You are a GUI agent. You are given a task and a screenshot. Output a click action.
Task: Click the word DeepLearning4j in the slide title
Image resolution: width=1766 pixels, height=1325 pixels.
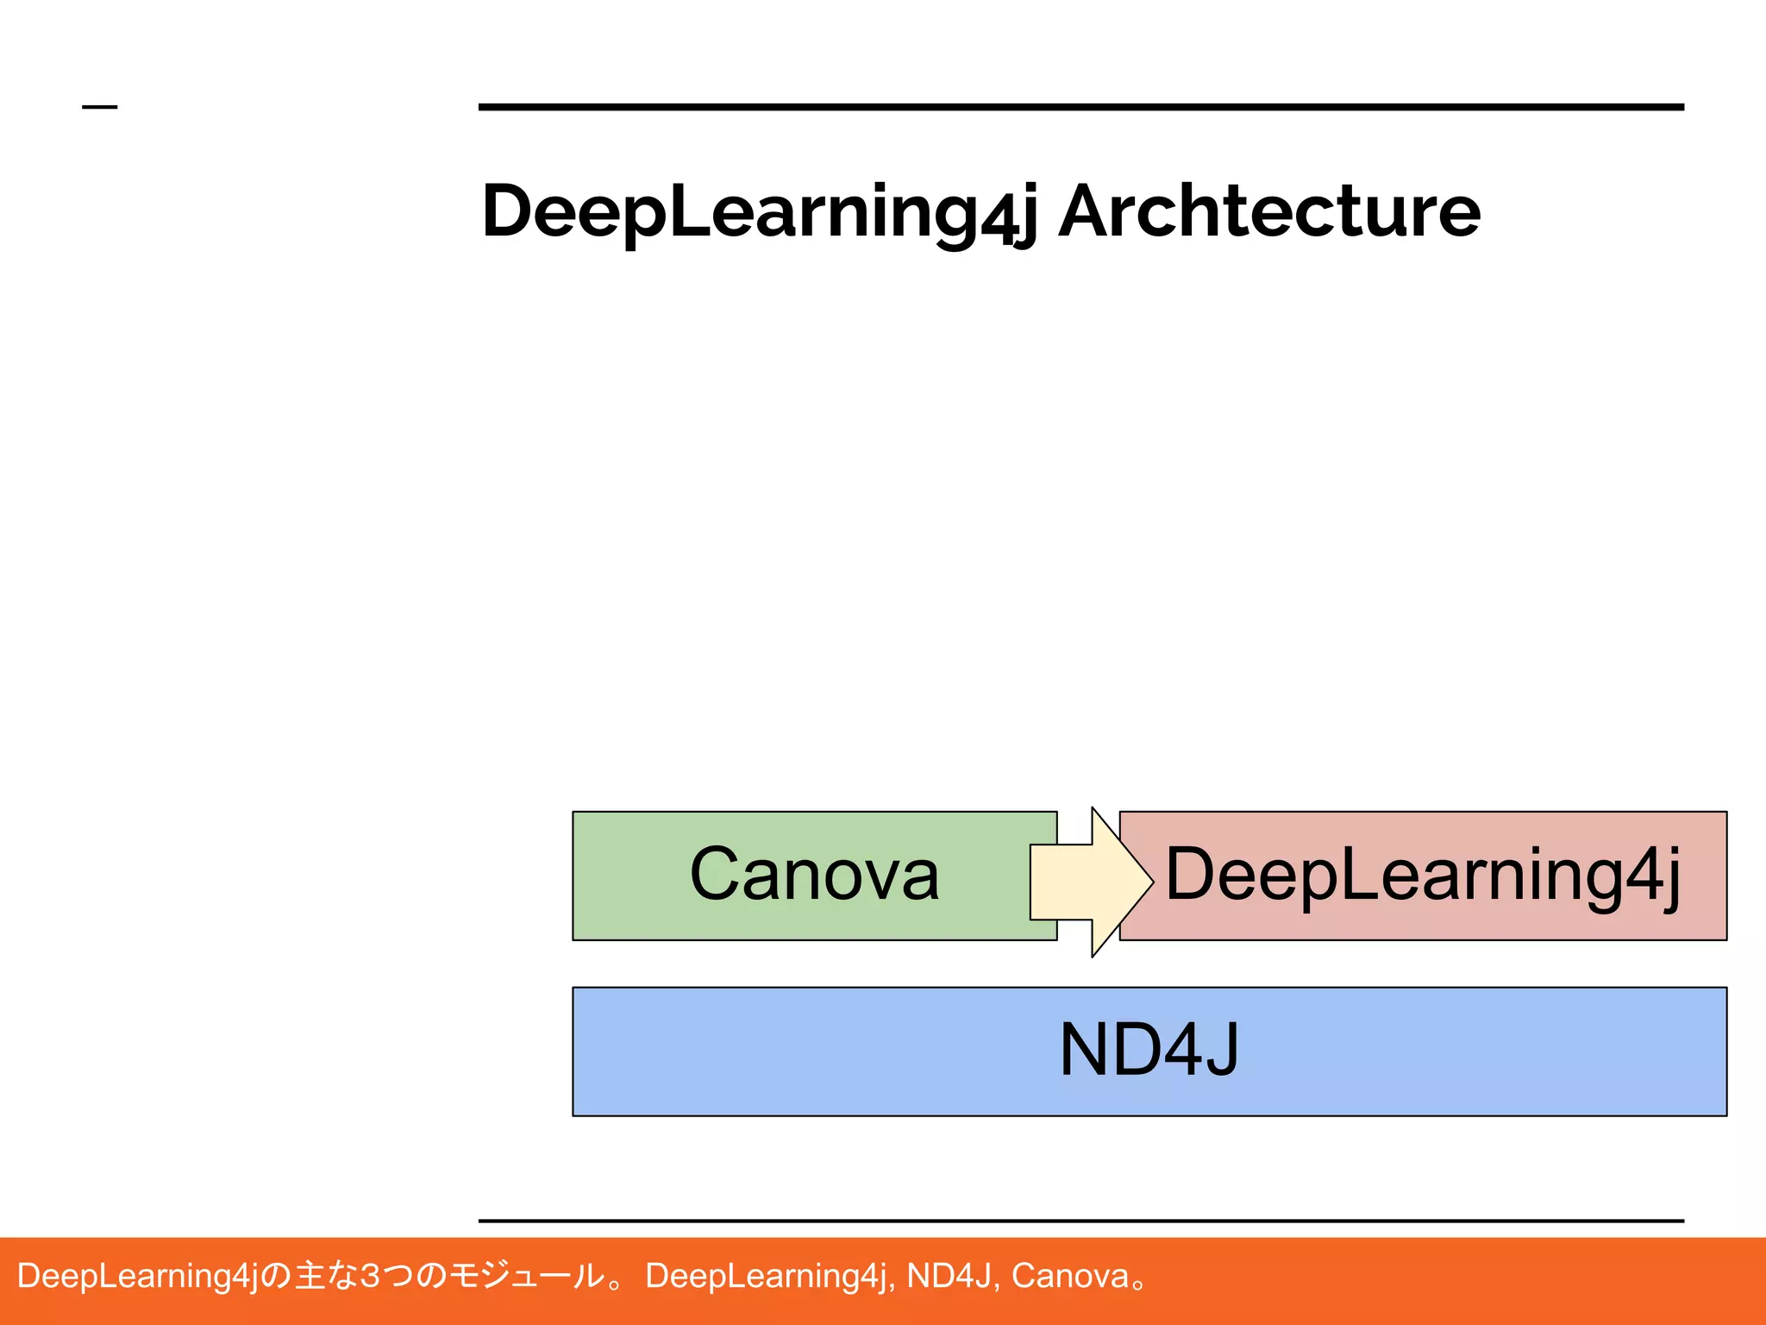759,212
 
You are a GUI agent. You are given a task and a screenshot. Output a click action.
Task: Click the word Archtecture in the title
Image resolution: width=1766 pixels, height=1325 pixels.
1269,212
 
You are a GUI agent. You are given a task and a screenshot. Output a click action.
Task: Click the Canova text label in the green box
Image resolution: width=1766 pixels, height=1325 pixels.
814,875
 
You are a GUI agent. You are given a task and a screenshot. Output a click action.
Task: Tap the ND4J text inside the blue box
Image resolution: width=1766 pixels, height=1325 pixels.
1149,1050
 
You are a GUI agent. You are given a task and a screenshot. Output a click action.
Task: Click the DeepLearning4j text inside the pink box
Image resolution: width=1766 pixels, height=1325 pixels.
1423,875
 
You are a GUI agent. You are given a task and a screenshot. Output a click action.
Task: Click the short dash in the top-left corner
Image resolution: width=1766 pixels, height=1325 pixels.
99,107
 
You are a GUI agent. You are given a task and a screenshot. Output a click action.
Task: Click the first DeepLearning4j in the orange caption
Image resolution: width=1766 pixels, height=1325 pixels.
138,1276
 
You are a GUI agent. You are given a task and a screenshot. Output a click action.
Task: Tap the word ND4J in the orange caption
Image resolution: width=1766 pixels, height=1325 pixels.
949,1276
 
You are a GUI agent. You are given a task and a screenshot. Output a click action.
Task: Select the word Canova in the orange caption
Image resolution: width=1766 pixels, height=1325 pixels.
1070,1276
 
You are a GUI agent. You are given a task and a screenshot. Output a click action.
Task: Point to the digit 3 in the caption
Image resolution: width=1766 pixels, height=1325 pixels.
370,1276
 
